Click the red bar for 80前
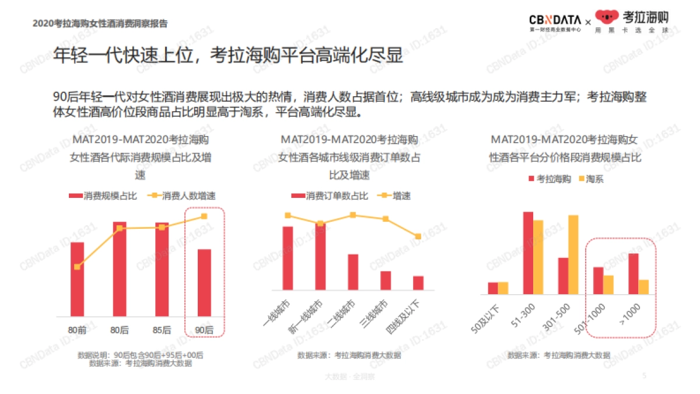click(x=78, y=279)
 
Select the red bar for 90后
click(x=204, y=283)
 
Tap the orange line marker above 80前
click(x=78, y=267)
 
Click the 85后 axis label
click(x=162, y=330)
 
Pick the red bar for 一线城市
click(x=288, y=258)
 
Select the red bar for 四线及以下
click(x=418, y=283)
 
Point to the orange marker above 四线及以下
click(x=418, y=236)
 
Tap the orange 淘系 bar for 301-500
click(x=573, y=254)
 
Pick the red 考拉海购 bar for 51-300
click(x=528, y=253)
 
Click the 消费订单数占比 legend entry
click(x=330, y=196)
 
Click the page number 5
click(x=644, y=375)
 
